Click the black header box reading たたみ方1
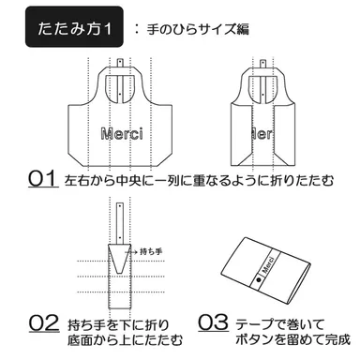point(71,28)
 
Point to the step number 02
point(43,323)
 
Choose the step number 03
point(214,323)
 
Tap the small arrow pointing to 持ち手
point(134,252)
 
